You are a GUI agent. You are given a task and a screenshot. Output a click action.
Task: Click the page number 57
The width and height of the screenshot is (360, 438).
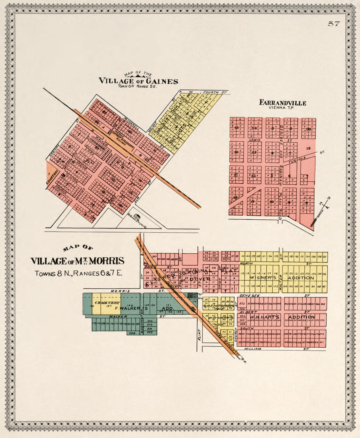tap(334, 24)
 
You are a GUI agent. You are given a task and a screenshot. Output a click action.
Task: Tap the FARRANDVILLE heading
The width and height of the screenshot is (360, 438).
tap(282, 102)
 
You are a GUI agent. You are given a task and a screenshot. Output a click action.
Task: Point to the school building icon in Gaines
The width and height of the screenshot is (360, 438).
tap(137, 217)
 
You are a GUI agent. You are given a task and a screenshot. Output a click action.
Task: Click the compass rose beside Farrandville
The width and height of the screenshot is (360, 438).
tap(324, 205)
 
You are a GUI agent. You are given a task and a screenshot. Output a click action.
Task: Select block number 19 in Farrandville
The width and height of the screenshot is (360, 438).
tap(308, 148)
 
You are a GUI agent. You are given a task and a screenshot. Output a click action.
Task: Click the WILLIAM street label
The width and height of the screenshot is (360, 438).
tap(253, 349)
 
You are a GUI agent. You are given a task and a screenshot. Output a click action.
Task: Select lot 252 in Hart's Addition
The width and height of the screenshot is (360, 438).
tap(242, 304)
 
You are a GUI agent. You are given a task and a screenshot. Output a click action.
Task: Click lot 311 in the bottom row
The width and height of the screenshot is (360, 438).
tap(322, 342)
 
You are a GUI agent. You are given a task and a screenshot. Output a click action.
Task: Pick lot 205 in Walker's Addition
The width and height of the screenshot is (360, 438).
tap(150, 332)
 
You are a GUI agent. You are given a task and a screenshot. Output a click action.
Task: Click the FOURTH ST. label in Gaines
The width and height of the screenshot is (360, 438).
tap(210, 93)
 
